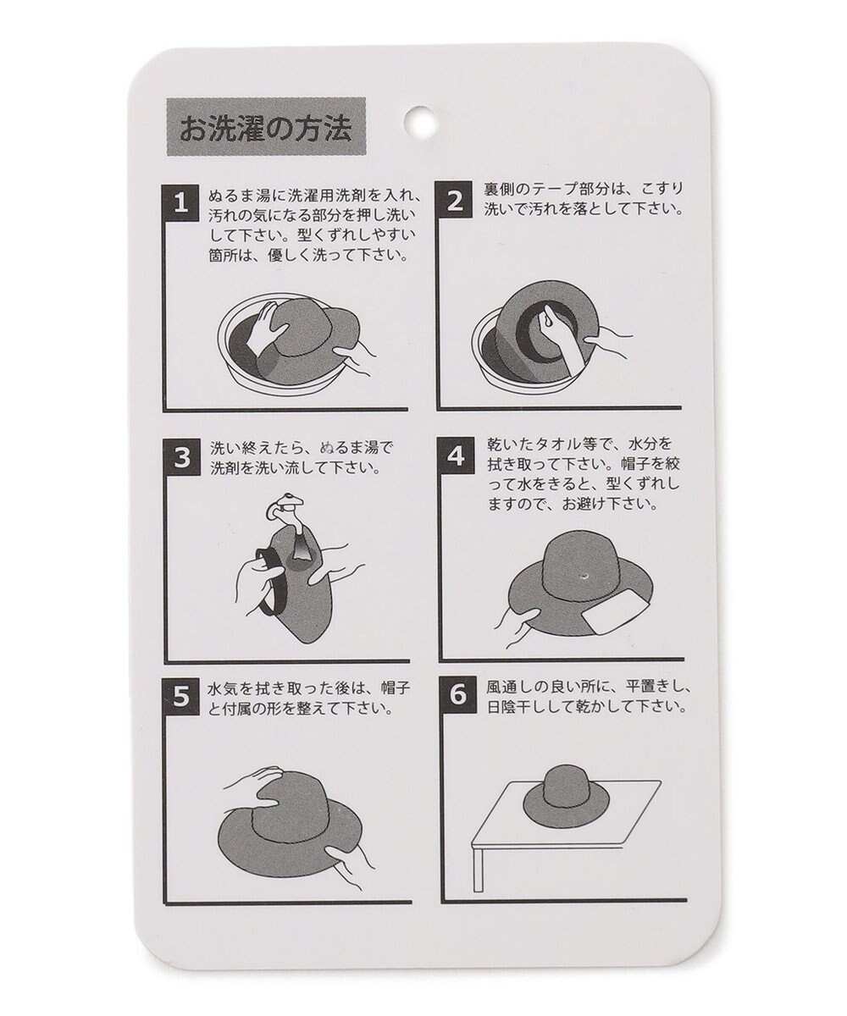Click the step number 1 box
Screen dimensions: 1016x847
[x=179, y=202]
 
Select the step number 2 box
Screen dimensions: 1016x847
[x=455, y=202]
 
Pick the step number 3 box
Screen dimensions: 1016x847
[x=180, y=458]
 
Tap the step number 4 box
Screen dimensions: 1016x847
[x=455, y=458]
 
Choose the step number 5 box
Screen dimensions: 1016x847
[x=180, y=696]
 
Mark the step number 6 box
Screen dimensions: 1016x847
[x=455, y=696]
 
